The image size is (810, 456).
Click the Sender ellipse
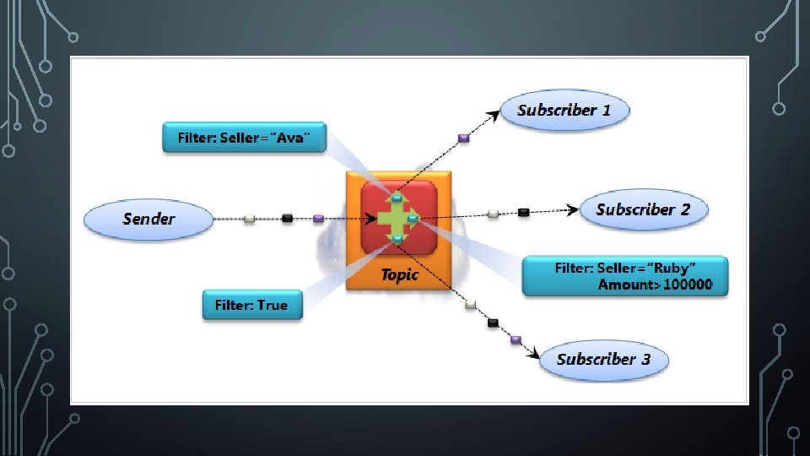(148, 220)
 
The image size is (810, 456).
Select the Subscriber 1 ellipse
(564, 111)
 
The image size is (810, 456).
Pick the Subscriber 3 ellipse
(603, 360)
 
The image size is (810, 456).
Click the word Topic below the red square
(399, 274)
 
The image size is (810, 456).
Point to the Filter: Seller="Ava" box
(244, 137)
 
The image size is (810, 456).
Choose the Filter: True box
(251, 305)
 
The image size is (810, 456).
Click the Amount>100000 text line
(655, 285)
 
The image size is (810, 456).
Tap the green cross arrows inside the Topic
(396, 219)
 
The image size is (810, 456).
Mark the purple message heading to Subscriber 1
(463, 138)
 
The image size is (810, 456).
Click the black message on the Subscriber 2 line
(523, 211)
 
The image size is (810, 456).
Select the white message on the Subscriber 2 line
(493, 214)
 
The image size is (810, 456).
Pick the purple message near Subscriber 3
(516, 339)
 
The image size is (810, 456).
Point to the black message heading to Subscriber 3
(494, 323)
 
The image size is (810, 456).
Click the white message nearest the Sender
(249, 219)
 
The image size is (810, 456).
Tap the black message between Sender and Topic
(287, 219)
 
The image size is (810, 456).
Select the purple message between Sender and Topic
(318, 219)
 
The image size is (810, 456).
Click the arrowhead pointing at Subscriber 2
(575, 209)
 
